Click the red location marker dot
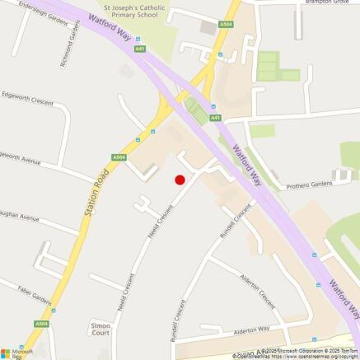point(180,180)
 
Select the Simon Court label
point(101,330)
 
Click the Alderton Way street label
point(258,329)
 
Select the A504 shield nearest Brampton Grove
point(226,26)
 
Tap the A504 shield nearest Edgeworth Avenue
point(119,157)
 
